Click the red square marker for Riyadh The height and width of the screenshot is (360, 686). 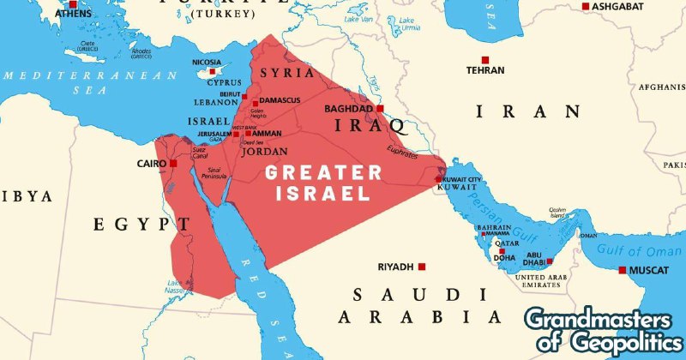(x=422, y=267)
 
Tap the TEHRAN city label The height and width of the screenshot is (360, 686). (x=484, y=70)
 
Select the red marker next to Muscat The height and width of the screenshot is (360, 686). (x=623, y=270)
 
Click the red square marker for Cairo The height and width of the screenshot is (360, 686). (x=173, y=163)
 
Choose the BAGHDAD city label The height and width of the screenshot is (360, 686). (x=349, y=109)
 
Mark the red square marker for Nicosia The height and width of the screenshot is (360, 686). (x=202, y=72)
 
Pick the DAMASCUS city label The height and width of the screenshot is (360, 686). (x=280, y=101)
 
